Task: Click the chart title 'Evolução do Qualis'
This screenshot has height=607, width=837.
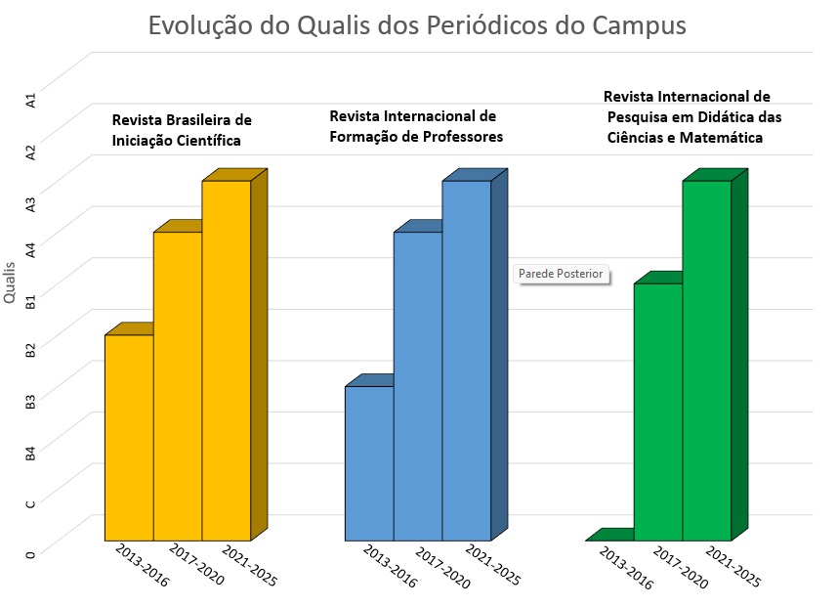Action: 417,25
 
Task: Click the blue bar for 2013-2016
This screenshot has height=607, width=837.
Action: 369,463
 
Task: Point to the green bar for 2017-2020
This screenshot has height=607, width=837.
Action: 658,412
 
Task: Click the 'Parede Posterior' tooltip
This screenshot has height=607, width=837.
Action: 562,274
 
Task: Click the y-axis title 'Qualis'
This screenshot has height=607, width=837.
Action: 10,282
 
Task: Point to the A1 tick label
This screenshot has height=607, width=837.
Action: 30,100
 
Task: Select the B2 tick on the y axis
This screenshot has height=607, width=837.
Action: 30,350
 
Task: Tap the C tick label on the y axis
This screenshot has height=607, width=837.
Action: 30,503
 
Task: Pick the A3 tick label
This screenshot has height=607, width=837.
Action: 30,203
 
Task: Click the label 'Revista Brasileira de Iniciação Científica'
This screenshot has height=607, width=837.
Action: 182,130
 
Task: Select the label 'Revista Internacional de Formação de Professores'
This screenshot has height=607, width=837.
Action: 416,126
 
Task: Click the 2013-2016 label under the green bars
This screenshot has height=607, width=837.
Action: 626,567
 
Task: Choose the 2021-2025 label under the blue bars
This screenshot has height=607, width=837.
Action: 493,567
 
